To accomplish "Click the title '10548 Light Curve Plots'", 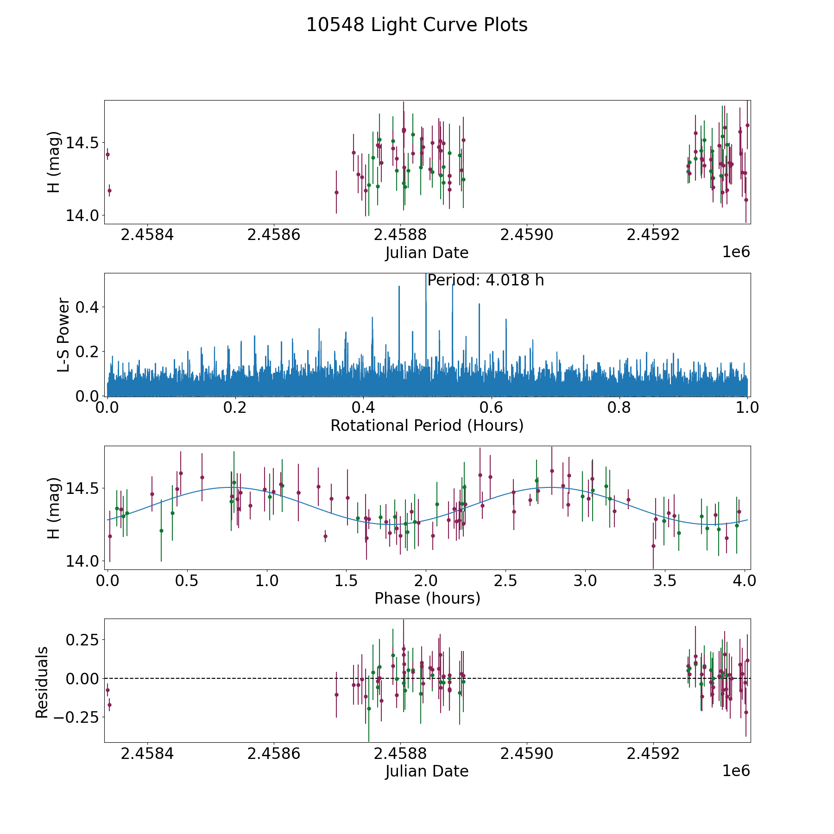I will tap(417, 25).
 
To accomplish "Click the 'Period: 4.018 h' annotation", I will tap(485, 280).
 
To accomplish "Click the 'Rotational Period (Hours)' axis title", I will tap(427, 425).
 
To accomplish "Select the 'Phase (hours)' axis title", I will tap(427, 598).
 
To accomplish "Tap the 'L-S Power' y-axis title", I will tap(64, 335).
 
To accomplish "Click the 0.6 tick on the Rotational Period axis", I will tap(491, 408).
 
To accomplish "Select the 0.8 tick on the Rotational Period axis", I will tap(619, 408).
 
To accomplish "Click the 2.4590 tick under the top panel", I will tap(527, 235).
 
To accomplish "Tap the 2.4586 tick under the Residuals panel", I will tap(274, 753).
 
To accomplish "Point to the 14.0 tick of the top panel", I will tap(79, 215).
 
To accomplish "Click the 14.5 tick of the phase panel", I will tap(79, 488).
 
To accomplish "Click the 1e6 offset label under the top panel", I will tap(736, 252).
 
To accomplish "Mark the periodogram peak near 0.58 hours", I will tap(479, 304).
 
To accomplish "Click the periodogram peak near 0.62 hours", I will tap(506, 319).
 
